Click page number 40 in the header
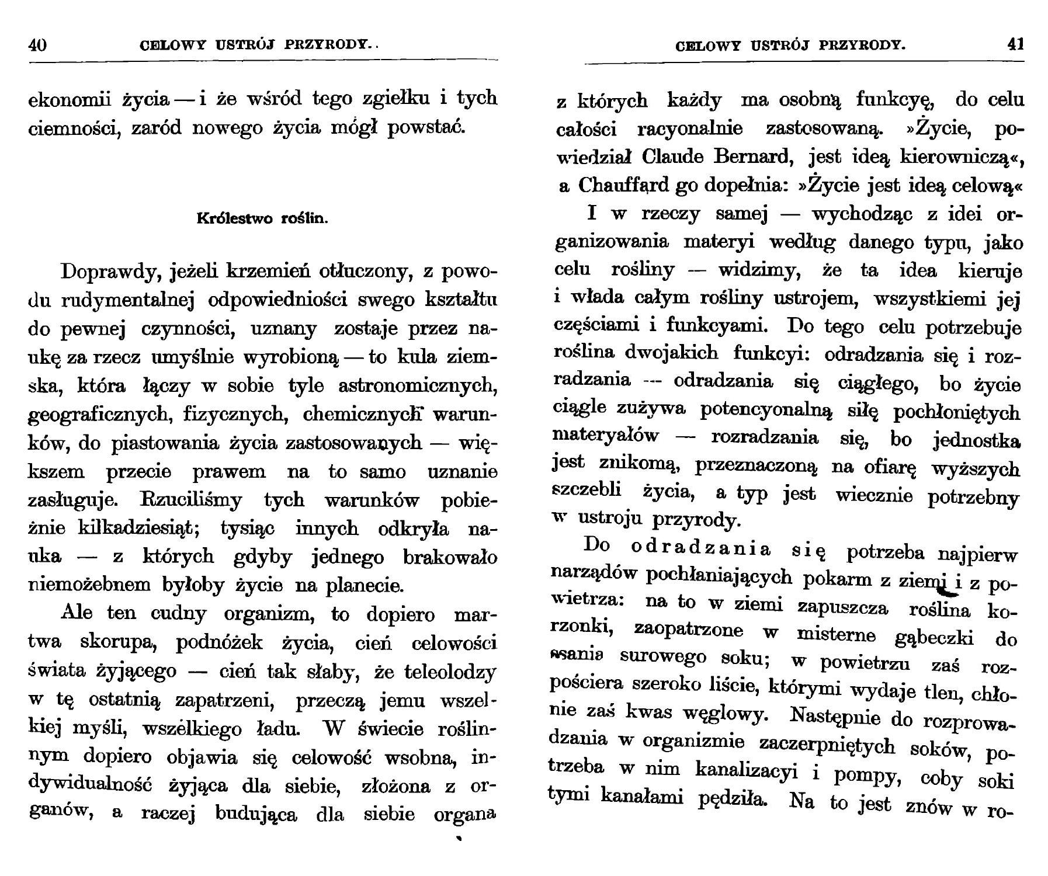(37, 45)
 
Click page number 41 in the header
(1016, 44)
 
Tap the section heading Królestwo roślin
(263, 220)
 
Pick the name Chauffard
(623, 185)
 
